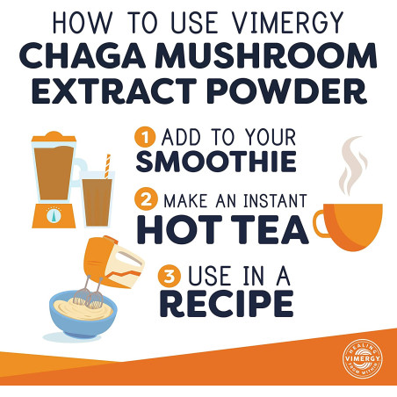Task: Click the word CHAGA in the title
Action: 83,55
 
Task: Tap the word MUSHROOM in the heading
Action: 268,55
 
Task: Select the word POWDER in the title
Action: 286,90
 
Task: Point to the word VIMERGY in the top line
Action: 287,23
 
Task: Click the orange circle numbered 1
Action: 145,137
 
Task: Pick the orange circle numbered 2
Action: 146,199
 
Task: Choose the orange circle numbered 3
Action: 170,276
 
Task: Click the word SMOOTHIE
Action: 216,162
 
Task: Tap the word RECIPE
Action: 227,304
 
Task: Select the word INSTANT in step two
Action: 275,201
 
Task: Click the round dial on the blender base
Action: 54,215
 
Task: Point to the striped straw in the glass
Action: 107,166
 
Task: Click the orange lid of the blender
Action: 54,137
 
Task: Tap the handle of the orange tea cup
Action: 321,224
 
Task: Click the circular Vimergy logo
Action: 363,358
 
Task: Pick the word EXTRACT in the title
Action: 114,90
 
